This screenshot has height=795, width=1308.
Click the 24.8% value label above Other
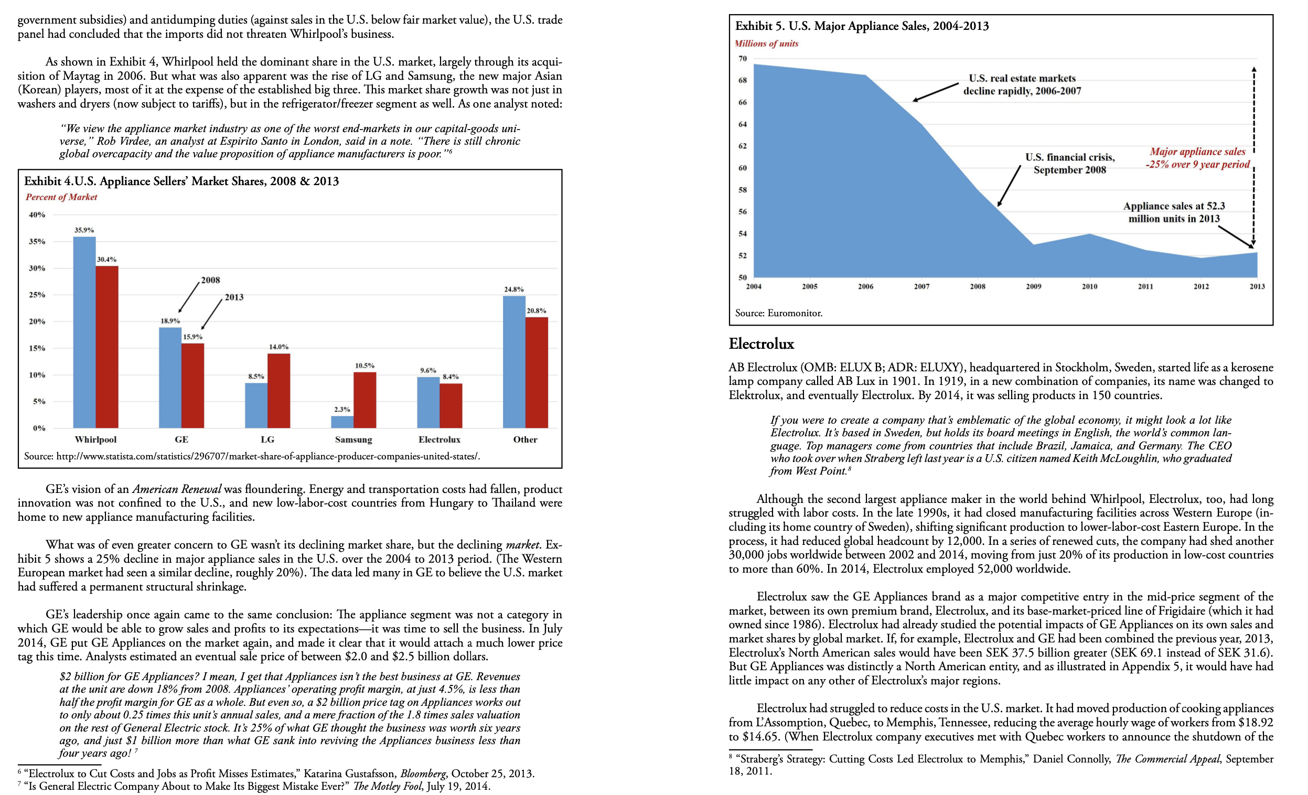513,289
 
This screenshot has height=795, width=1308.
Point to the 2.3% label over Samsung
342,409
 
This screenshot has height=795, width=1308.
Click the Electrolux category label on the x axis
439,439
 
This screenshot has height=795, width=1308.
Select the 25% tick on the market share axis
37,295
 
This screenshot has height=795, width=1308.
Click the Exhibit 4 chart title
181,181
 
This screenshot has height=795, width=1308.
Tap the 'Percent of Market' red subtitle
61,197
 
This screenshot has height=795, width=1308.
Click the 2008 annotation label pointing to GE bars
210,280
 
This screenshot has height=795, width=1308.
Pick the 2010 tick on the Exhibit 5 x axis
1089,286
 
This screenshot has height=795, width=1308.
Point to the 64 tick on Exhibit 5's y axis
742,124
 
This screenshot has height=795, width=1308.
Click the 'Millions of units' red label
766,44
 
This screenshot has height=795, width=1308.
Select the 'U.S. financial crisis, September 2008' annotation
1069,164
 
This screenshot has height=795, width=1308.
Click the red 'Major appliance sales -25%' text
1197,158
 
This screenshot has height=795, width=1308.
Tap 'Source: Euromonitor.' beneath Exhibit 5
778,313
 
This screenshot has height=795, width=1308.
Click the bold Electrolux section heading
760,344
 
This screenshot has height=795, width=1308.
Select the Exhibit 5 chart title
861,26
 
